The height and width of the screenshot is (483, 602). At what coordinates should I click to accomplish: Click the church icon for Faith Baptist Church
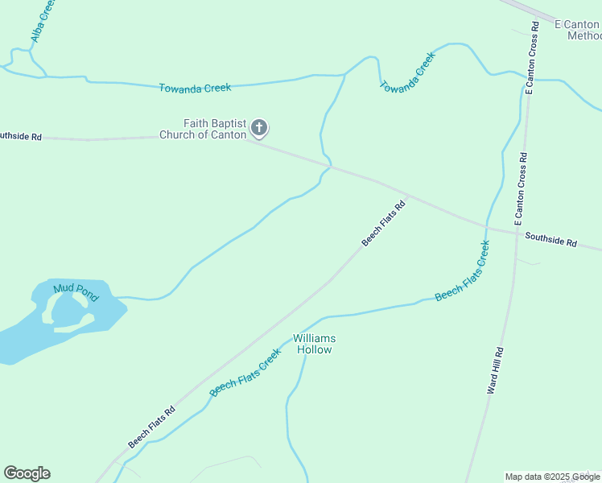point(259,127)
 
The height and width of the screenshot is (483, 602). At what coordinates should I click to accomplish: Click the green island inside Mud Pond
point(62,309)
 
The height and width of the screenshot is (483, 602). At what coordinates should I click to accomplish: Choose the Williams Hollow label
point(314,344)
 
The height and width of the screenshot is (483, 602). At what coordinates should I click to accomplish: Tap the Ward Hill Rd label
point(495,370)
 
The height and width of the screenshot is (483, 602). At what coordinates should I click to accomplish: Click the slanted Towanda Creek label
point(407,73)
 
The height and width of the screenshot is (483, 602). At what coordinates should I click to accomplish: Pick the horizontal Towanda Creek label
point(195,87)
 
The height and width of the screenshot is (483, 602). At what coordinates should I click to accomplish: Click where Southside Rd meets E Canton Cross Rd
point(515,233)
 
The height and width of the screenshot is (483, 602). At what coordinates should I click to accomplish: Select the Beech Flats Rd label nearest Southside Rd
point(383,224)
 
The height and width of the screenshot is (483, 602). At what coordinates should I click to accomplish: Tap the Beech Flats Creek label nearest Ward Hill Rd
point(462,271)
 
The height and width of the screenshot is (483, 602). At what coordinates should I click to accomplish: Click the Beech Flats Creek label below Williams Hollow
point(245,372)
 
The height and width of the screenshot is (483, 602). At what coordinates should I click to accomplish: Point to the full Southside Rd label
point(551,239)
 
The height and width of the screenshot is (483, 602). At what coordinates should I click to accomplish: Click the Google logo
point(27,473)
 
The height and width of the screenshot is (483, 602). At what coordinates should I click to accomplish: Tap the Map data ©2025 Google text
point(552,477)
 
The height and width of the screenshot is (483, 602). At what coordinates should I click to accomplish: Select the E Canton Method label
point(579,31)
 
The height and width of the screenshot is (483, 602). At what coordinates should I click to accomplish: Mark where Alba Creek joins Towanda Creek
point(45,77)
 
